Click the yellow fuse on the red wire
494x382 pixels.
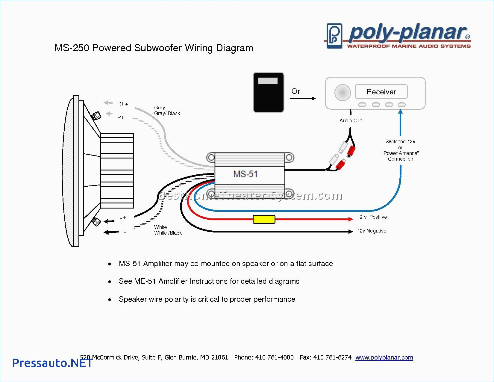(264, 219)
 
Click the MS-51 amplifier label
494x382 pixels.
(245, 174)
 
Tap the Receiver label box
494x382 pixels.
(381, 92)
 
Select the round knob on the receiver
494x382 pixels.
(342, 92)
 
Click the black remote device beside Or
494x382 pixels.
(268, 92)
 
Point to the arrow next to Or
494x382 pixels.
(303, 98)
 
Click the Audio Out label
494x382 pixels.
(350, 120)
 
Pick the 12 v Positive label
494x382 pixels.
(372, 217)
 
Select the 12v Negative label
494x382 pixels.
(372, 231)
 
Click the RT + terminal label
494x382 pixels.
(122, 104)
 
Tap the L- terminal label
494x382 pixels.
(125, 231)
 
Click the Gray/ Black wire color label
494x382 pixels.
(167, 113)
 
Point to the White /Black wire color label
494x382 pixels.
(168, 233)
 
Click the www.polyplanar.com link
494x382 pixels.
(384, 357)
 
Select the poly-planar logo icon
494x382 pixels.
(334, 36)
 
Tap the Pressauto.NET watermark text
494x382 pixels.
(52, 363)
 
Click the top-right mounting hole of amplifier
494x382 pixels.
(289, 157)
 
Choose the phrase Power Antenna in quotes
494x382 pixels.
(400, 153)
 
